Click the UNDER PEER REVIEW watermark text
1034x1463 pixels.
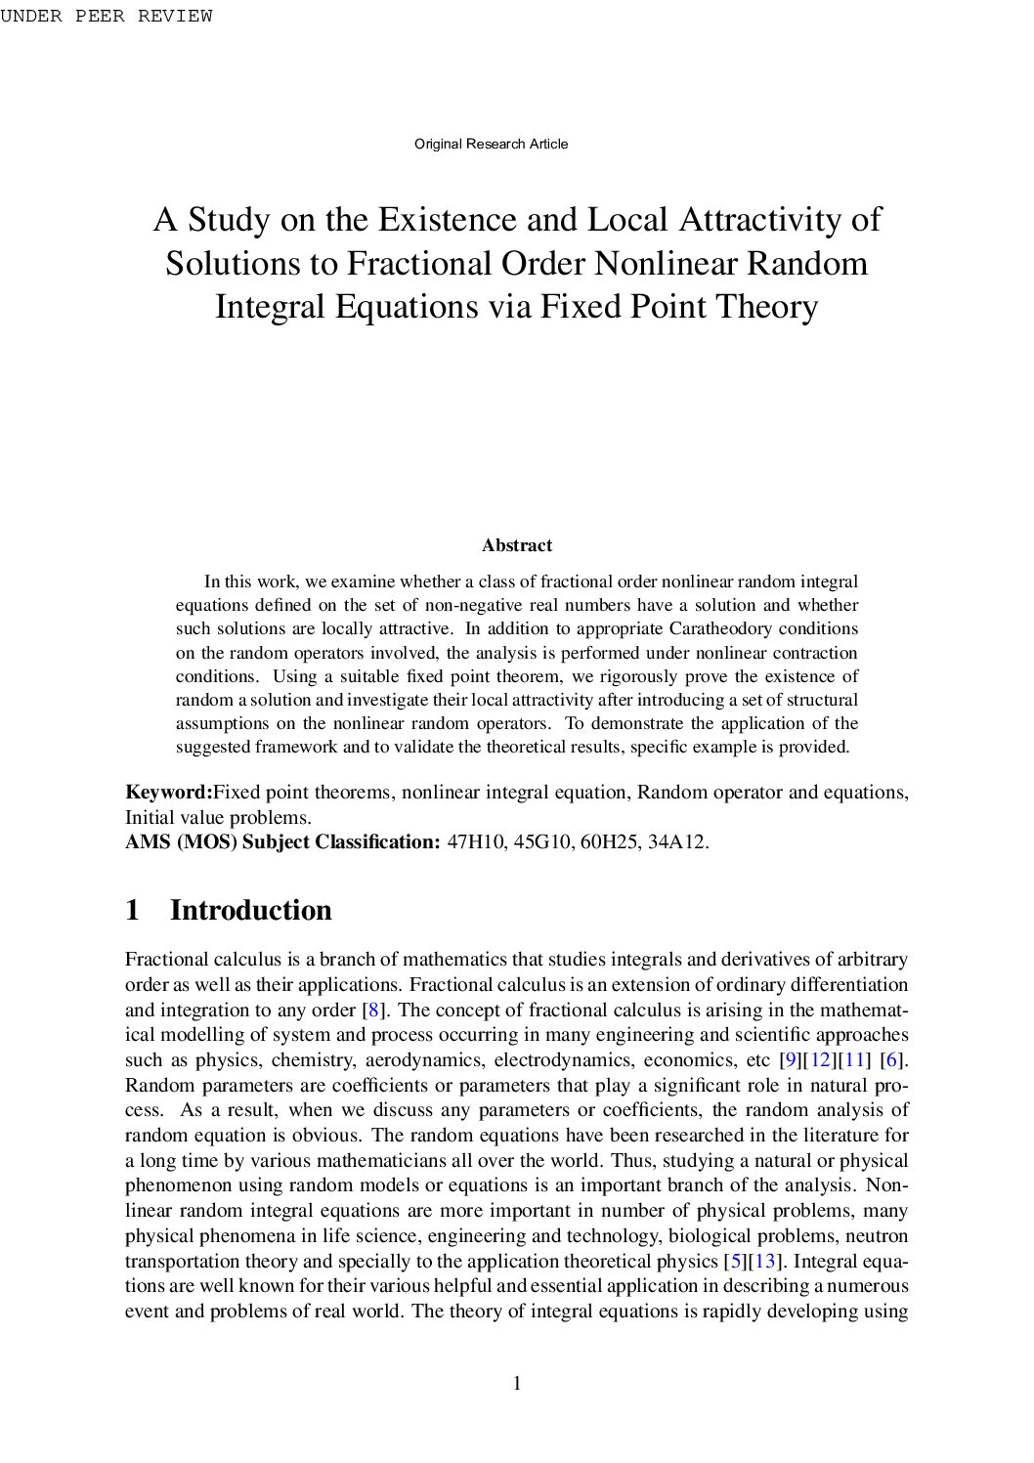pos(106,16)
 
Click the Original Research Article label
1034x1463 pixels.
pos(491,144)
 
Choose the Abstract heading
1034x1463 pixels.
pos(516,545)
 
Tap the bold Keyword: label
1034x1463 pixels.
pos(168,792)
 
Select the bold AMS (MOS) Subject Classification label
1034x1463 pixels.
pos(282,841)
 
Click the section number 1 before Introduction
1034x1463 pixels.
pos(133,910)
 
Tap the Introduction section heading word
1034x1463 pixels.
pos(250,910)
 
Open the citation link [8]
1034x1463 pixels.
pos(372,1010)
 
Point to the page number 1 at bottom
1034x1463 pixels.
pos(517,1383)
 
